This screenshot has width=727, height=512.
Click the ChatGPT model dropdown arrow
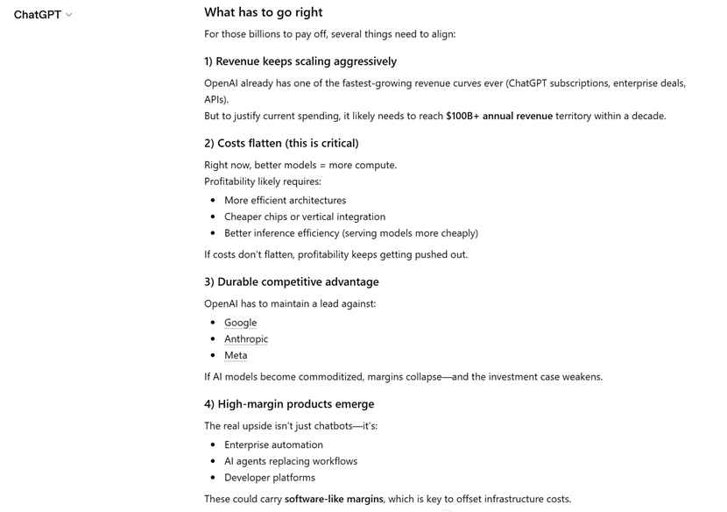click(69, 15)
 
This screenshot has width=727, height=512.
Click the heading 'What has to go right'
click(263, 12)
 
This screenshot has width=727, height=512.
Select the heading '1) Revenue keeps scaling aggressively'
click(300, 61)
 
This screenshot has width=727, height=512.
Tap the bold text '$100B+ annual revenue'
click(498, 116)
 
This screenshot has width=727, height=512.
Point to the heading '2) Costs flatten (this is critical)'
click(281, 143)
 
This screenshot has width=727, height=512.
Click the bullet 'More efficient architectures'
click(285, 200)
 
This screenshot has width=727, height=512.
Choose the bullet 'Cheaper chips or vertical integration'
click(304, 217)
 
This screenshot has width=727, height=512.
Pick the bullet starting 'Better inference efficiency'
click(350, 233)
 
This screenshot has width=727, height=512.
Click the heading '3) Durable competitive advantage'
click(291, 281)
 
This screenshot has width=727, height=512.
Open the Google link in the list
click(240, 323)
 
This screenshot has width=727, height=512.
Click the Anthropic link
click(246, 339)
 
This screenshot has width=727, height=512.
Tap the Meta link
click(236, 355)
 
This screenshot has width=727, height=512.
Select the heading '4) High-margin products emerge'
click(289, 404)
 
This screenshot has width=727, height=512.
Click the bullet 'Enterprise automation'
click(273, 444)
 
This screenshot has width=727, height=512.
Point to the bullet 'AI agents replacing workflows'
click(290, 461)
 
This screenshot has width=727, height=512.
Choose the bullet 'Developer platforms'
click(269, 478)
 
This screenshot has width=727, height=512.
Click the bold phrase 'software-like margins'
click(334, 499)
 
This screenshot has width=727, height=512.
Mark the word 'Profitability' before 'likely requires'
click(231, 181)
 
